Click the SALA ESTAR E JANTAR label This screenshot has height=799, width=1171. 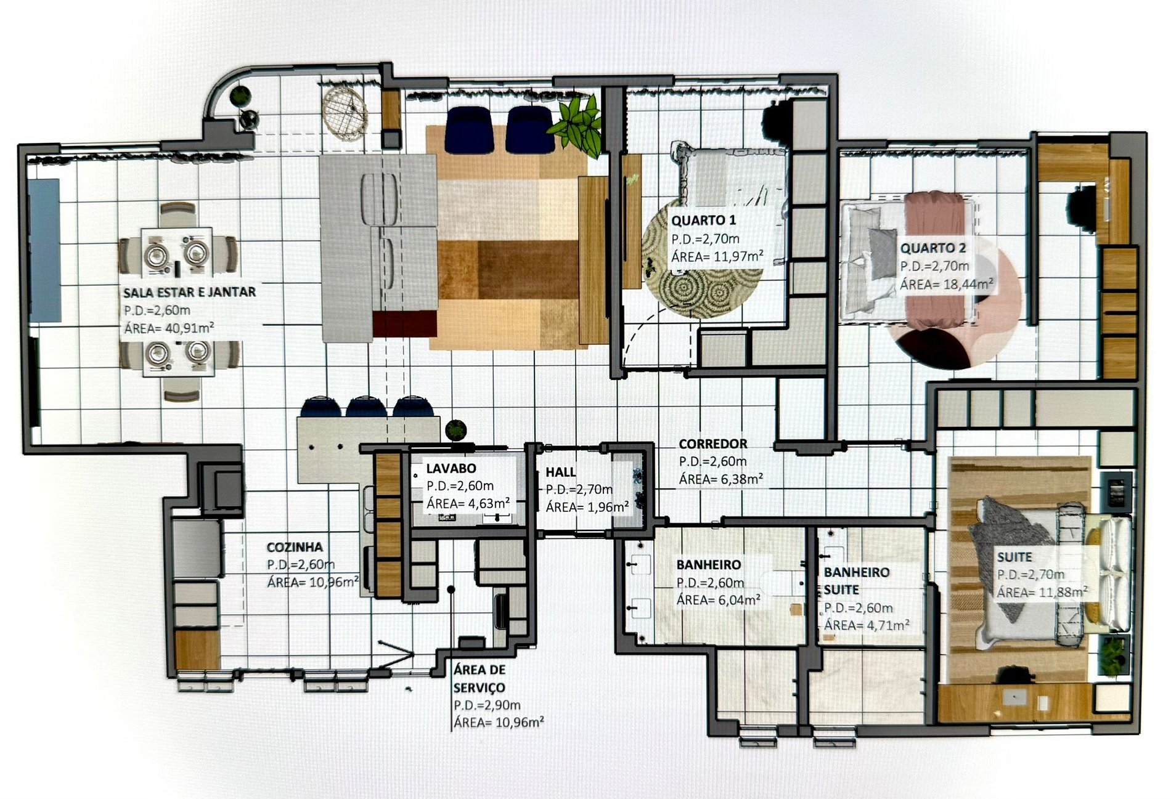pos(189,292)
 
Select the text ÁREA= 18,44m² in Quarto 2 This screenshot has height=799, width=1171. pos(946,284)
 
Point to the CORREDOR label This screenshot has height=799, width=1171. pos(713,444)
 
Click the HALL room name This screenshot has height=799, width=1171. pos(561,473)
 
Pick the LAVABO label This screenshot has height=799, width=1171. pos(451,469)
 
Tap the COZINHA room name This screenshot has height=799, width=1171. pos(295,547)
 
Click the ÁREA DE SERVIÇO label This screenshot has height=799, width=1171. pos(479,678)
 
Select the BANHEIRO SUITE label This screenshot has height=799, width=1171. pos(857,581)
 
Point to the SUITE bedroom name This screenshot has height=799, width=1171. pos(1014,557)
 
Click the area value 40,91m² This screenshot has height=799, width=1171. pos(186,328)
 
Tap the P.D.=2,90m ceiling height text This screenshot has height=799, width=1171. pos(487,705)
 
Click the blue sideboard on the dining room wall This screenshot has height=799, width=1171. pos(45,250)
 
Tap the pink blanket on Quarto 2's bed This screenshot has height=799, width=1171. pos(934,259)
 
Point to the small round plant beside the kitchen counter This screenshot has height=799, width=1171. pos(455,429)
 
